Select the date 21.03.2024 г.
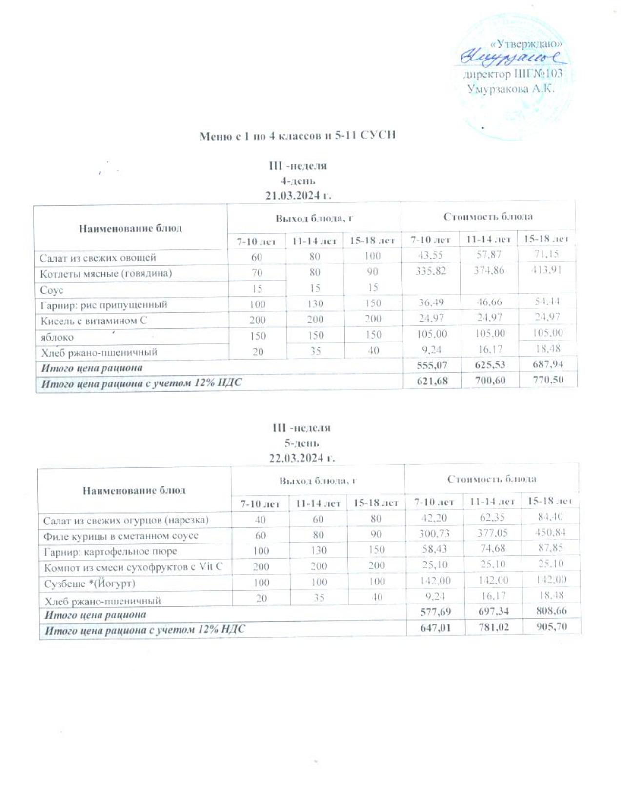point(298,196)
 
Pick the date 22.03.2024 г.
point(302,458)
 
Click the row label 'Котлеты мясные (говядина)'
point(106,273)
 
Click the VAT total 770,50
point(548,380)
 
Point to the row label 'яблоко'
point(57,337)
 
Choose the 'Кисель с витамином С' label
point(94,321)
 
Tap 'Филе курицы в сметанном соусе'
point(121,536)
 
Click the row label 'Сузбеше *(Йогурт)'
point(89,583)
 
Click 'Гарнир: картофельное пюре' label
point(110,552)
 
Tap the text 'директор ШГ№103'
point(512,75)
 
